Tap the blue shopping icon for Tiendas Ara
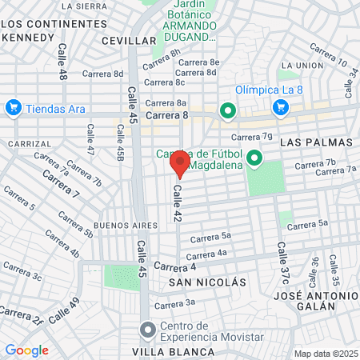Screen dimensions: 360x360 pyautogui.click(x=13, y=107)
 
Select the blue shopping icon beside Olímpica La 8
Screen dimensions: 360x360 pyautogui.click(x=281, y=106)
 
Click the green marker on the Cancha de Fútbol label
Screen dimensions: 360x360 pyautogui.click(x=254, y=158)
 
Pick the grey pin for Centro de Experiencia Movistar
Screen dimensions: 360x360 pyautogui.click(x=147, y=330)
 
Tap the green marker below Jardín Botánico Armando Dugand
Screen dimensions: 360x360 pyautogui.click(x=227, y=110)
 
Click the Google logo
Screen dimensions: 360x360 pyautogui.click(x=27, y=350)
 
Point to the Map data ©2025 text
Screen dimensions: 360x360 pyautogui.click(x=325, y=354)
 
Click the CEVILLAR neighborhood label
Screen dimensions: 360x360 pyautogui.click(x=129, y=40)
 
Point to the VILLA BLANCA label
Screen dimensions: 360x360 pyautogui.click(x=174, y=352)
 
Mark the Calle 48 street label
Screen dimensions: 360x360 pyautogui.click(x=62, y=60)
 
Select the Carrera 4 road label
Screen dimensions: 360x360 pyautogui.click(x=175, y=266)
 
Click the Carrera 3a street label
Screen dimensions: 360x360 pyautogui.click(x=175, y=303)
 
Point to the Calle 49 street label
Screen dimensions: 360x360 pyautogui.click(x=64, y=310)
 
